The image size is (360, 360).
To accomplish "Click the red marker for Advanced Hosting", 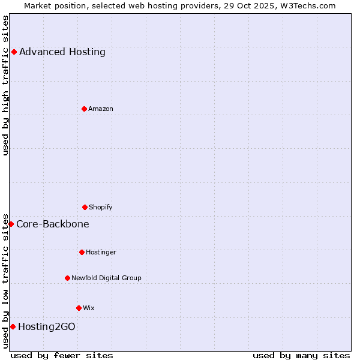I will [14, 52].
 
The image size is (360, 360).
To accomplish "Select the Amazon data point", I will [84, 109].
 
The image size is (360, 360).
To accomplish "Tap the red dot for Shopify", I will [85, 207].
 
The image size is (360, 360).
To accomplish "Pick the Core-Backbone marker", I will [11, 224].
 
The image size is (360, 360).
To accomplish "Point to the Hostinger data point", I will [82, 252].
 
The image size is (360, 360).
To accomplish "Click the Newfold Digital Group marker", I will [67, 278].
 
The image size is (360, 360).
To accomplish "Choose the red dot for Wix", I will [79, 308].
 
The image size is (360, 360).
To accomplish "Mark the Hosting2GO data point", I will [13, 326].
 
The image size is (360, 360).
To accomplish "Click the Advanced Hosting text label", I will [62, 52].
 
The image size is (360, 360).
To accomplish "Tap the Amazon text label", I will [101, 109].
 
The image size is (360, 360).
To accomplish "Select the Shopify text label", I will [101, 207].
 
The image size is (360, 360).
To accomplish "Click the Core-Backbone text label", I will [53, 224].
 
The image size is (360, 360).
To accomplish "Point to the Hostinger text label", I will [101, 252].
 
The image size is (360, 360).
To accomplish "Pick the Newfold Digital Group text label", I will [106, 278].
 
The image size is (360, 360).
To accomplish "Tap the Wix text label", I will [89, 308].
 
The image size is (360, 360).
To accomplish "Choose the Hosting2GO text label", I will [47, 326].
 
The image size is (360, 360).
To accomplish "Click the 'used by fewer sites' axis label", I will [62, 355].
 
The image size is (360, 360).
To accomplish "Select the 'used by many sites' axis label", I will [301, 355].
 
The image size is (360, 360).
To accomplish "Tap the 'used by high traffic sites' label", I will [5, 85].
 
